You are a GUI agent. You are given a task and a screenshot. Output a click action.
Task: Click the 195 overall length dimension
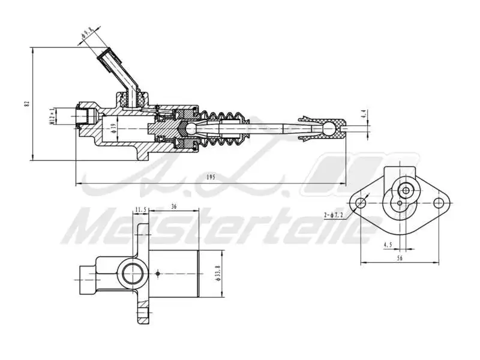(x=211, y=177)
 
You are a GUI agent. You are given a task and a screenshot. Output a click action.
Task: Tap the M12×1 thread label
(x=52, y=116)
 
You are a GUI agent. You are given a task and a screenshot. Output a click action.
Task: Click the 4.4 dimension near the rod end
(x=364, y=113)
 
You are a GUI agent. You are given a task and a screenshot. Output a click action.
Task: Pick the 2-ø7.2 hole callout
(x=334, y=214)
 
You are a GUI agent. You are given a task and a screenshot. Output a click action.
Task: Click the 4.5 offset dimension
(x=388, y=244)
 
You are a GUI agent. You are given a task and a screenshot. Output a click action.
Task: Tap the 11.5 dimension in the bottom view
(x=141, y=209)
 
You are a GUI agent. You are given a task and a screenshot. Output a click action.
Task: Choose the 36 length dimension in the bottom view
(x=173, y=206)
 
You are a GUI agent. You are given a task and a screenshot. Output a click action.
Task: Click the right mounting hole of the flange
(x=442, y=203)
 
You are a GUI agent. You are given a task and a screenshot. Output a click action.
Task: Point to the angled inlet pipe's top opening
(x=108, y=55)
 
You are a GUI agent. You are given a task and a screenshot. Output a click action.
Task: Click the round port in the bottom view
(x=131, y=274)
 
